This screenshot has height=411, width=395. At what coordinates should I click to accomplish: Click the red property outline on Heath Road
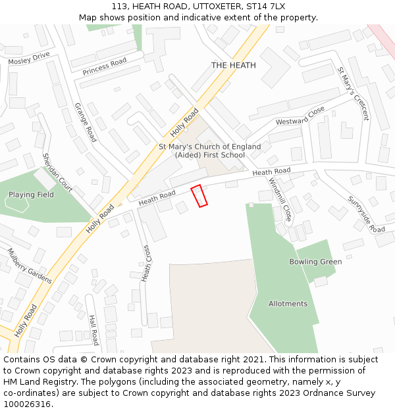pos(199,196)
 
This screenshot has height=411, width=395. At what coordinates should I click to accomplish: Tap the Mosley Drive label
pos(29,57)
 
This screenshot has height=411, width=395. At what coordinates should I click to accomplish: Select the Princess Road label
pos(104,65)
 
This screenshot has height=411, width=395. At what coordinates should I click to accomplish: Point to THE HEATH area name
pos(233,65)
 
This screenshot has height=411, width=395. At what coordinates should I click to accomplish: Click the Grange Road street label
pos(85,122)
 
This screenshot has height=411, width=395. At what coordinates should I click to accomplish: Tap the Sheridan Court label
pos(57,172)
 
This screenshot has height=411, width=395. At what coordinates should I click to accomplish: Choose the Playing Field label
pos(31,195)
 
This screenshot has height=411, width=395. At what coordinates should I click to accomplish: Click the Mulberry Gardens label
pos(30,265)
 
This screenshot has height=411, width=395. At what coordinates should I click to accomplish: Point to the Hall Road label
pos(93,329)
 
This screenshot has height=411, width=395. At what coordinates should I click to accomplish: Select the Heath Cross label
pos(147,262)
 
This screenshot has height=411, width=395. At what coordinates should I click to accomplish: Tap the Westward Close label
pos(300,116)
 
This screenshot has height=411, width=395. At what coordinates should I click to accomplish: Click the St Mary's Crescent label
pos(354,93)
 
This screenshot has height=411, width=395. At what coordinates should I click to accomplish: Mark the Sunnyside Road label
pos(366,214)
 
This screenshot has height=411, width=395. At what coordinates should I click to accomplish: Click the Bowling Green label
pos(315,262)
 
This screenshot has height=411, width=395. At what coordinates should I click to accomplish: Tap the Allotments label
pos(288,304)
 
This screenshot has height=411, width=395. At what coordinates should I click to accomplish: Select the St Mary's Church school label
pos(210,151)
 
